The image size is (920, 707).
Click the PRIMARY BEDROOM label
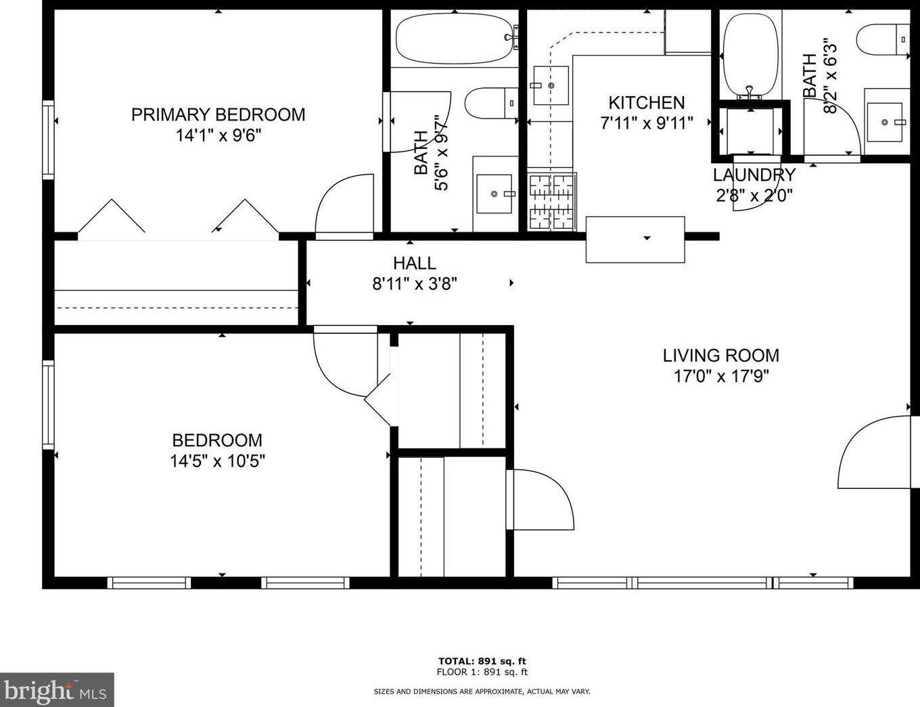pos(218,115)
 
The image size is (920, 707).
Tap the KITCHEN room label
pos(647,103)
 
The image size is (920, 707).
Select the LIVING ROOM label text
pos(720,356)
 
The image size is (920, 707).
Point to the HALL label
pos(415,263)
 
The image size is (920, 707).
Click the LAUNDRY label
pos(754,175)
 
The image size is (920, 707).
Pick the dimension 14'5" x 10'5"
pos(218,460)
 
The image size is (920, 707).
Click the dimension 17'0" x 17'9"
pos(720,376)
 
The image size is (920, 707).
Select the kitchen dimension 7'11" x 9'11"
pos(647,123)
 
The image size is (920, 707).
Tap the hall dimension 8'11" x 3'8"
pos(415,284)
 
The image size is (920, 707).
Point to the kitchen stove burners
pos(551,202)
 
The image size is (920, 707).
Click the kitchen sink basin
pos(551,85)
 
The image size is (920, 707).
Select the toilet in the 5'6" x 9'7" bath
pos(491,103)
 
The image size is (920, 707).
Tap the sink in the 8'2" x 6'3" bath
pos(884,122)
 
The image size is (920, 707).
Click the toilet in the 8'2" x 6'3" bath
pos(883,39)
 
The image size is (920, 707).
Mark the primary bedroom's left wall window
pos(48,140)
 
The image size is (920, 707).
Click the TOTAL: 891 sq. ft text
pos(482,661)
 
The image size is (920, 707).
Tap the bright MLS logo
pos(57,689)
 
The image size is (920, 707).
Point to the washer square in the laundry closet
pos(750,131)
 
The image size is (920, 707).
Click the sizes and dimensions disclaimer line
pos(482,691)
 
